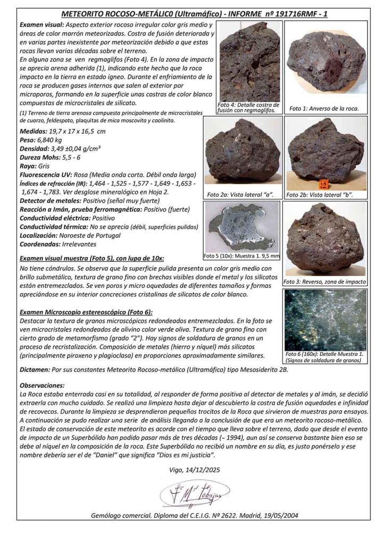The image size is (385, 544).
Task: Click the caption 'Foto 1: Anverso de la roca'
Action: pos(324,108)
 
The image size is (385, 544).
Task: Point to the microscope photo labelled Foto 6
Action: pos(325,319)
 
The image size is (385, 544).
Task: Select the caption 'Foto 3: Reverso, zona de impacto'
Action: pos(325,282)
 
